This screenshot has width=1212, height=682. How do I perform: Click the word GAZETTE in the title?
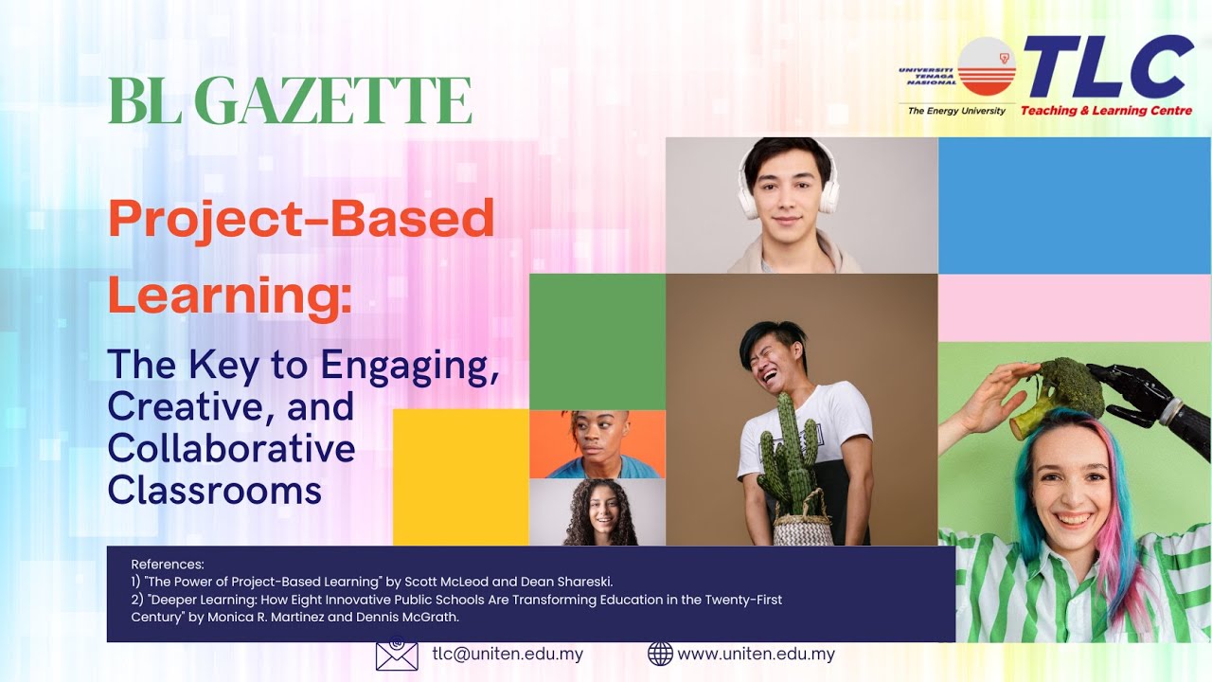pos(332,100)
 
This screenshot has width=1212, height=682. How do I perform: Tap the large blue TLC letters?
pos(1108,66)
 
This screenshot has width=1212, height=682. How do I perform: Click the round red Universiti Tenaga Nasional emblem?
pos(987,66)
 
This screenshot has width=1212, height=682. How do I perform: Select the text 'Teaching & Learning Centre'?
pos(1106,111)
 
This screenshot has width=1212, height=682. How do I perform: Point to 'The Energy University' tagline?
pos(956,111)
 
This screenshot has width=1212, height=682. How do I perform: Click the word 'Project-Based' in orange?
pos(301,220)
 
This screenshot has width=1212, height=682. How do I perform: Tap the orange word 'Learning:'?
pos(230,295)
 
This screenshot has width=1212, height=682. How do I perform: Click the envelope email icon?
pos(397,654)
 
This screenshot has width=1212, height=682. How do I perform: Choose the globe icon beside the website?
pos(660,654)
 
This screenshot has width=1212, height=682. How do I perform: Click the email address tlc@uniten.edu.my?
pos(508,654)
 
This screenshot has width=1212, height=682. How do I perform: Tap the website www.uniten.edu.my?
pos(756,654)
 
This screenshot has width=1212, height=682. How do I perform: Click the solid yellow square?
pos(461,477)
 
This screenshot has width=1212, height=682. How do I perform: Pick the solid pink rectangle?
pos(1075,308)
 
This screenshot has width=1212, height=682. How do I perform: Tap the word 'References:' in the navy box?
pos(168,565)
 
